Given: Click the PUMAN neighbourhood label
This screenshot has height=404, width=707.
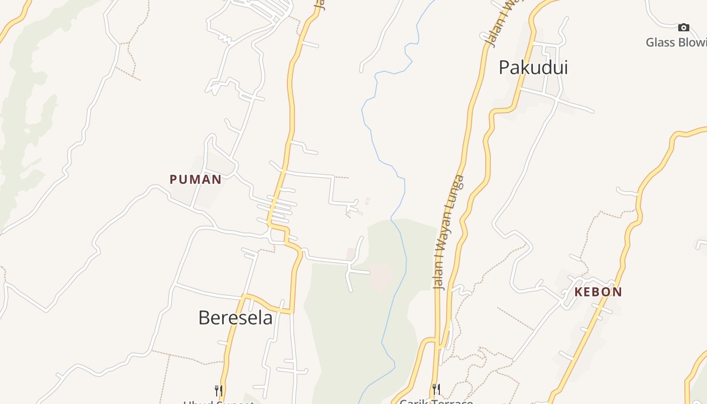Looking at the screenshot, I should tap(195, 179).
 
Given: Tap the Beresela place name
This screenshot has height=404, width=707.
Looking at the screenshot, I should tap(235, 318).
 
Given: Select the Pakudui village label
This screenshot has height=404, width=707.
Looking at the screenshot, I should tap(533, 67).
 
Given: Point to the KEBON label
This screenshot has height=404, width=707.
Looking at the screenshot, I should tap(598, 292).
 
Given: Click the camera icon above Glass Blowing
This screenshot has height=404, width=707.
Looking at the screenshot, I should tap(683, 27).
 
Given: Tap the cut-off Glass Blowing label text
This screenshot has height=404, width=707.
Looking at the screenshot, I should tap(676, 42).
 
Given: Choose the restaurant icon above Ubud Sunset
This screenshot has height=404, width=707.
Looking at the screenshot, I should tap(219, 390).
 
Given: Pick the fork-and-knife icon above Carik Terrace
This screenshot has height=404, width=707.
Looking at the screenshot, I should tap(436, 389).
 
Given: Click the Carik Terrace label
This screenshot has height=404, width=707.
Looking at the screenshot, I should tap(436, 401).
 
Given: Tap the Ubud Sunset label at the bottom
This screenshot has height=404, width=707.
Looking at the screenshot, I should tap(219, 402).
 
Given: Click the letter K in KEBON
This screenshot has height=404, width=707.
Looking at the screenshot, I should tap(578, 292).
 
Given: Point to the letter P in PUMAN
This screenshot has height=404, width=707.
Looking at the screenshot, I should tap(173, 179).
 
